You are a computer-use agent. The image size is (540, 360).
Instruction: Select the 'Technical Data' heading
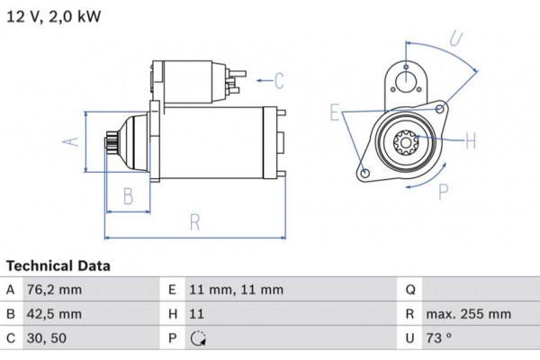(58, 266)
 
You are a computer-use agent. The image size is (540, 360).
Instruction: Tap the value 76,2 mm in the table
(56, 290)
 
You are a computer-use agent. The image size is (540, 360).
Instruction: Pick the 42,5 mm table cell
(56, 314)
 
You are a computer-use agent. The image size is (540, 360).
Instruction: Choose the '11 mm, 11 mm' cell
(237, 290)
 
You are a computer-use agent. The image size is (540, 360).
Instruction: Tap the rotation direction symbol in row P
(198, 339)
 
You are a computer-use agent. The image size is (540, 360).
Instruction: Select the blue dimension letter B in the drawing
(128, 195)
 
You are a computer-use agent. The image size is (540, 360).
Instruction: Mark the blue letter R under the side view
(195, 222)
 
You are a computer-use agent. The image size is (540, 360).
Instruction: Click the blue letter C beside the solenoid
(278, 82)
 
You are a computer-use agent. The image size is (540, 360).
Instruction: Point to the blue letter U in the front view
(456, 39)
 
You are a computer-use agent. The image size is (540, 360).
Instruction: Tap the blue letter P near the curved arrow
(443, 191)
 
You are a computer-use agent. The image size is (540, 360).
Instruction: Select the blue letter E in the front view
(336, 112)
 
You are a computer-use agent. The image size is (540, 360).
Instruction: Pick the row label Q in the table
(409, 290)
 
